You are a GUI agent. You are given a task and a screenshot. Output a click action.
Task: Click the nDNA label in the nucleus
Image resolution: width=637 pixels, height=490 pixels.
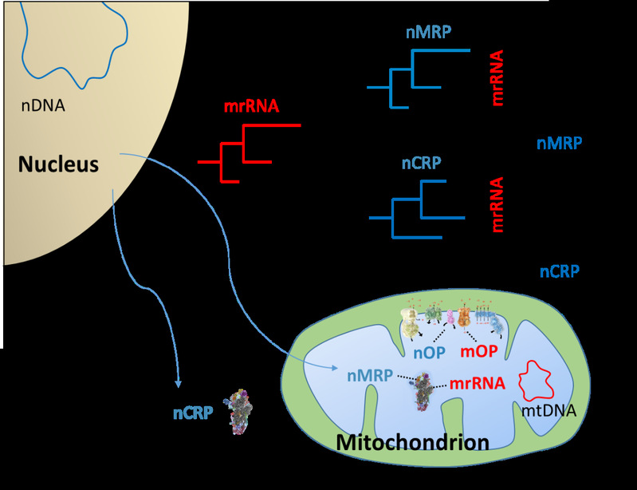(43, 105)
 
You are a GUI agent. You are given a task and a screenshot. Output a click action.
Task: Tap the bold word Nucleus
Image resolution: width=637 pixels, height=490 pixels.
(58, 164)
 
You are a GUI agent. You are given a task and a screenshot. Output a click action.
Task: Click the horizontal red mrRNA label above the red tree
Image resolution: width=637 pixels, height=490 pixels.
(251, 106)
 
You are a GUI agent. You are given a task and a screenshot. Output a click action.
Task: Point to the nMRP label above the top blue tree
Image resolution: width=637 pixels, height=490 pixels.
(429, 32)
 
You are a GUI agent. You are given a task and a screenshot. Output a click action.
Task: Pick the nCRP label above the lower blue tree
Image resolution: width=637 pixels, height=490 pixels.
(421, 163)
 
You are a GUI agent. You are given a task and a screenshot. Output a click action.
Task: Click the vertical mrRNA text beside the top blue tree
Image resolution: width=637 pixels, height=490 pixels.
(497, 78)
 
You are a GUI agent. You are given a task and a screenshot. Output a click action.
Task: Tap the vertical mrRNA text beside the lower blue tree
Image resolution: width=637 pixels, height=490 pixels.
(497, 204)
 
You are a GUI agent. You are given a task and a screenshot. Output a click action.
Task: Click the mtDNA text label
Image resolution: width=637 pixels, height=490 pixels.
(549, 411)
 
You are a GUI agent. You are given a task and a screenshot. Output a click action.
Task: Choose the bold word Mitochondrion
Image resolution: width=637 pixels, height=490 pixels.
(413, 442)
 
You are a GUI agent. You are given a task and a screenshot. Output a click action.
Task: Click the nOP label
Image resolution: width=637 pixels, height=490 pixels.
(430, 353)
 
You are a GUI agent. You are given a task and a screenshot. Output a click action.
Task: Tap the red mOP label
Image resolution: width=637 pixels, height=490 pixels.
(479, 351)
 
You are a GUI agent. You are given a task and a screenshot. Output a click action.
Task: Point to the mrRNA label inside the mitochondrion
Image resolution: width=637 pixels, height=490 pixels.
(478, 383)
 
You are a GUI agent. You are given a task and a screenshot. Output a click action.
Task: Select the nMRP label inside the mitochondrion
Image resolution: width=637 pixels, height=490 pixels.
(370, 375)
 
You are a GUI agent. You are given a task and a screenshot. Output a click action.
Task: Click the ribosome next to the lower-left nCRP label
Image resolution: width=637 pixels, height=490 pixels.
(238, 412)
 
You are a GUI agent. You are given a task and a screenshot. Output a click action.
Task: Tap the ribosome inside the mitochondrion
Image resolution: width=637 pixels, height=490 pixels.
(423, 392)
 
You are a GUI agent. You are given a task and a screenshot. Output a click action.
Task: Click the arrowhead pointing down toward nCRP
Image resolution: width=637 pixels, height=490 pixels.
(178, 383)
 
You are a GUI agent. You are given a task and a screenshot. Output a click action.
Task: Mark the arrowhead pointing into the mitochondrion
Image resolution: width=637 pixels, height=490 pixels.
(334, 368)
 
